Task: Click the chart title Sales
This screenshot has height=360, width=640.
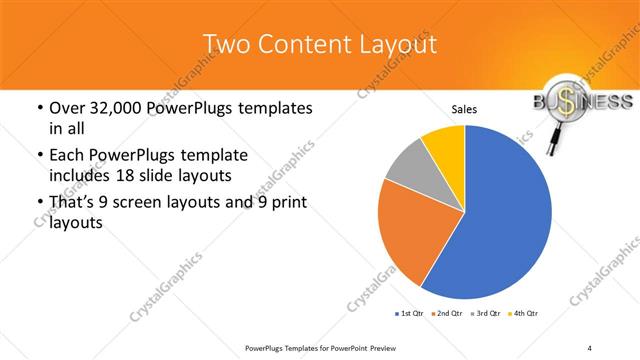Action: point(464,109)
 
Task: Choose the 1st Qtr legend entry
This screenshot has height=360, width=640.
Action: point(407,314)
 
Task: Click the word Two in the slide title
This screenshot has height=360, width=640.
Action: point(224,44)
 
